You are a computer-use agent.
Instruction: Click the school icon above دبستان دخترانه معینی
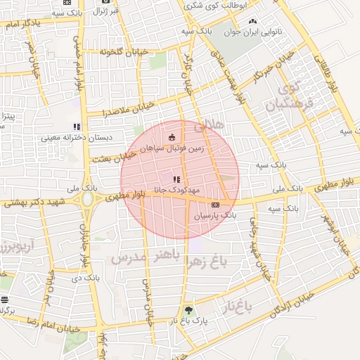coord(77,127)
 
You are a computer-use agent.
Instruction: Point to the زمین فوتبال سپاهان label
coord(173,148)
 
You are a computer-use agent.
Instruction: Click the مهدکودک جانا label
coord(176,190)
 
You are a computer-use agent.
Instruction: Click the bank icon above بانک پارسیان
coord(214,205)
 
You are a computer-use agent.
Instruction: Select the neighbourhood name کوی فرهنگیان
coord(287,98)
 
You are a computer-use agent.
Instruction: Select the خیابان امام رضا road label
coord(50,325)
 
